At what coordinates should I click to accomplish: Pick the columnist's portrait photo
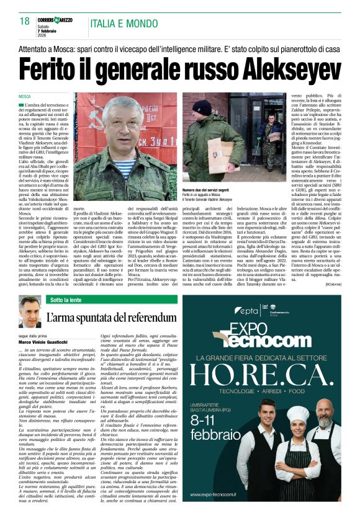coord(30,312)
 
